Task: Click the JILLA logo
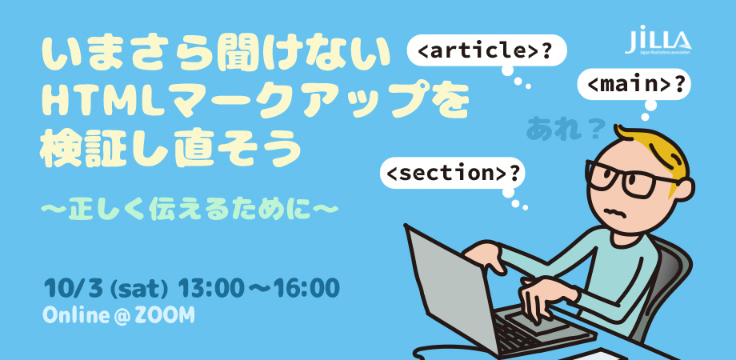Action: [658, 40]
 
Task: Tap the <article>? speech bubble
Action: [486, 50]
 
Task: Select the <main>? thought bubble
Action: [634, 85]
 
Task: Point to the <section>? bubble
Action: [454, 173]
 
